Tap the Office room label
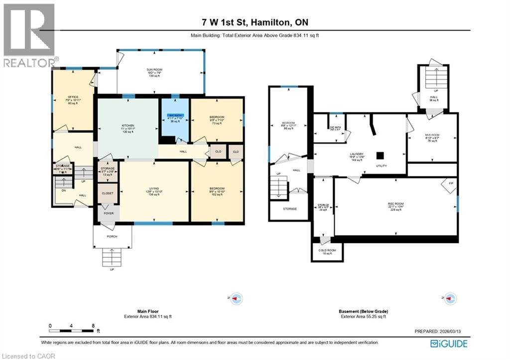click(74, 97)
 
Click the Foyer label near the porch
click(108, 213)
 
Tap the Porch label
click(112, 236)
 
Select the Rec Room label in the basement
click(395, 204)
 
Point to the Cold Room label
click(327, 250)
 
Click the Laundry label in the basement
click(357, 154)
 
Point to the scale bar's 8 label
click(93, 326)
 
